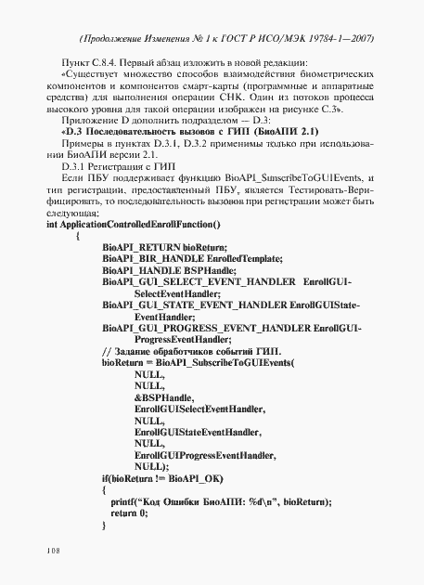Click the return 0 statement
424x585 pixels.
click(129, 513)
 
